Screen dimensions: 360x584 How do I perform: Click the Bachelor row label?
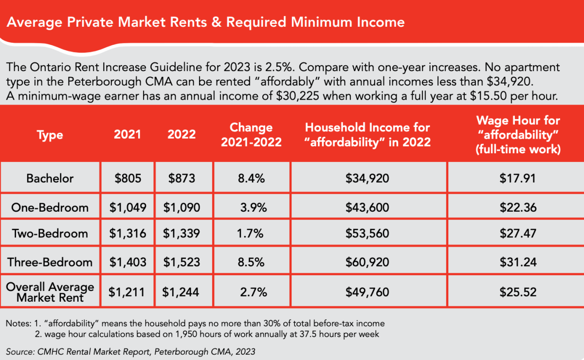click(x=50, y=178)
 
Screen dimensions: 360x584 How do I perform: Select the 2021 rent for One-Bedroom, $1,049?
click(x=128, y=208)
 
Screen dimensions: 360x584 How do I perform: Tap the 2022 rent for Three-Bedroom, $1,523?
click(x=182, y=262)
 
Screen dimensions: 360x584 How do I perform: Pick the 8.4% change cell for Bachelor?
click(x=251, y=178)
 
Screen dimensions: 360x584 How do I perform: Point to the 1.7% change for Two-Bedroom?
click(x=251, y=234)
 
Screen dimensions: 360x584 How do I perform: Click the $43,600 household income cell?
click(x=367, y=208)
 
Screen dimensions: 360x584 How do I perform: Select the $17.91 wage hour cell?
click(x=518, y=178)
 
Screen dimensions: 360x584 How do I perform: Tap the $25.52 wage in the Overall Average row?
click(x=518, y=292)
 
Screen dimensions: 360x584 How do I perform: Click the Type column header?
click(x=50, y=135)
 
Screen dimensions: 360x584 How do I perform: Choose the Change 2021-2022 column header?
click(x=251, y=135)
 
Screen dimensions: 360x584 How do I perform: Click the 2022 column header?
click(x=181, y=135)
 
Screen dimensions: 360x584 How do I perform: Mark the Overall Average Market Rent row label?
click(x=50, y=291)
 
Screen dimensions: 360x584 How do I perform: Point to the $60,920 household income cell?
click(x=367, y=262)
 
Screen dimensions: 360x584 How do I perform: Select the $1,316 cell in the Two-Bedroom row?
click(x=128, y=234)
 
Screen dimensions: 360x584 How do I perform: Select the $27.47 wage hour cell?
click(x=518, y=234)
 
